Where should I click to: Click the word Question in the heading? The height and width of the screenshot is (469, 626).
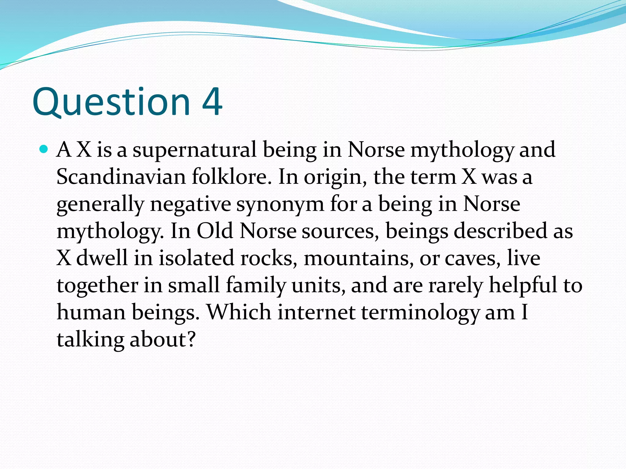111,102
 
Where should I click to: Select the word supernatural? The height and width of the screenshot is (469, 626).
194,150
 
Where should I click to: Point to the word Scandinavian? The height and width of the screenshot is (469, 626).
121,177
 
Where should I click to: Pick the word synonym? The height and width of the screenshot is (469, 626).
280,205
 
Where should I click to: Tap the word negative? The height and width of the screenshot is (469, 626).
190,204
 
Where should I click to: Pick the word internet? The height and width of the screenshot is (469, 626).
316,313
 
